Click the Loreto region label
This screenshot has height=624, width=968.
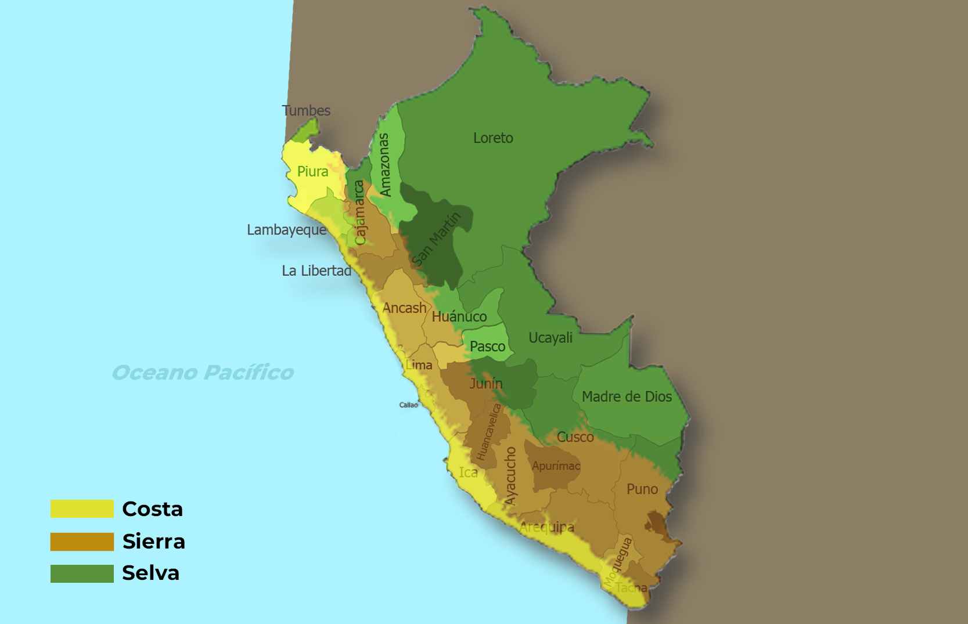(493, 138)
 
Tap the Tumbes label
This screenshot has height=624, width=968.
(306, 111)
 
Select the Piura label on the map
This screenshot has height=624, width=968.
(312, 172)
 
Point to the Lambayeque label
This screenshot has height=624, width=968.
(286, 230)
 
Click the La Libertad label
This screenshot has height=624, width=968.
(316, 271)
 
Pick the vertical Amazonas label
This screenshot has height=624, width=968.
(384, 165)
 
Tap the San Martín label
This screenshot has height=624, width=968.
(436, 239)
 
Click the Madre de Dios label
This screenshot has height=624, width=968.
(627, 397)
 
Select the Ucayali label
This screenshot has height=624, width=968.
(550, 338)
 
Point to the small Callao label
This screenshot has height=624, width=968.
(408, 405)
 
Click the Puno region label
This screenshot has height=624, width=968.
(642, 489)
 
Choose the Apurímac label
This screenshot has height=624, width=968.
(556, 466)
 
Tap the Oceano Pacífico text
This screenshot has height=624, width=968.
(203, 373)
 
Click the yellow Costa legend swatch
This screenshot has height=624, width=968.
(82, 508)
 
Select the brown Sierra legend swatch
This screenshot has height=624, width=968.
(82, 542)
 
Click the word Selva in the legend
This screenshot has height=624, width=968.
(150, 573)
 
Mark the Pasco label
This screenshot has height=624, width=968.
(487, 347)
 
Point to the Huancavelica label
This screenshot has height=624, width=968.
(488, 432)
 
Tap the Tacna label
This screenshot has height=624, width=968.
(631, 587)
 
